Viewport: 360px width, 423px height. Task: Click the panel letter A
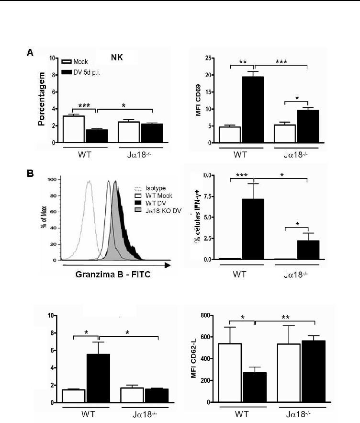(29, 54)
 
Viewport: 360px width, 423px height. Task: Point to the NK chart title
(117, 57)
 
